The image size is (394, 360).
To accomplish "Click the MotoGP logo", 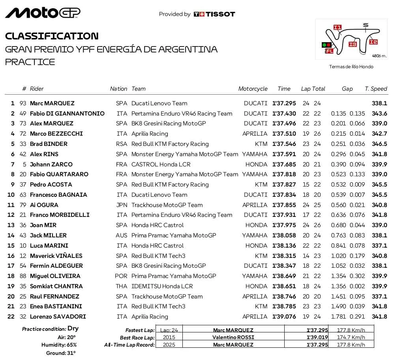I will (43, 13).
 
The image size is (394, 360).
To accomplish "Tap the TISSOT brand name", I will (220, 14).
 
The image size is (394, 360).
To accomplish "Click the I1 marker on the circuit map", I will (337, 27).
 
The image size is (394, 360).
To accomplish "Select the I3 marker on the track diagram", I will (353, 44).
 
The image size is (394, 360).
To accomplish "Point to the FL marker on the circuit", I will (329, 51).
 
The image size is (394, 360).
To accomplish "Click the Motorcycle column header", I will (253, 89).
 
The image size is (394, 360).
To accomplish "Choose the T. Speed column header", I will (375, 89).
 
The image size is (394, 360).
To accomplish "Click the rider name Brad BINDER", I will (49, 144).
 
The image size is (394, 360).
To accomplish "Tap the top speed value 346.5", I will (379, 144).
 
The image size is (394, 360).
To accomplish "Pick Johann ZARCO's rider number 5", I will (24, 164).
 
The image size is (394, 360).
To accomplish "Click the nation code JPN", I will (122, 205).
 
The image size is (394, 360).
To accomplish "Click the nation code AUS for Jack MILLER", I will (122, 235).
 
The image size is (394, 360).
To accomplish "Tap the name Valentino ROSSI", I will (233, 338).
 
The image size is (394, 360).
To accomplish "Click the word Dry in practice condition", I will (73, 328).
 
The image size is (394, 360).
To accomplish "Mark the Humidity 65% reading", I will (59, 345).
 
